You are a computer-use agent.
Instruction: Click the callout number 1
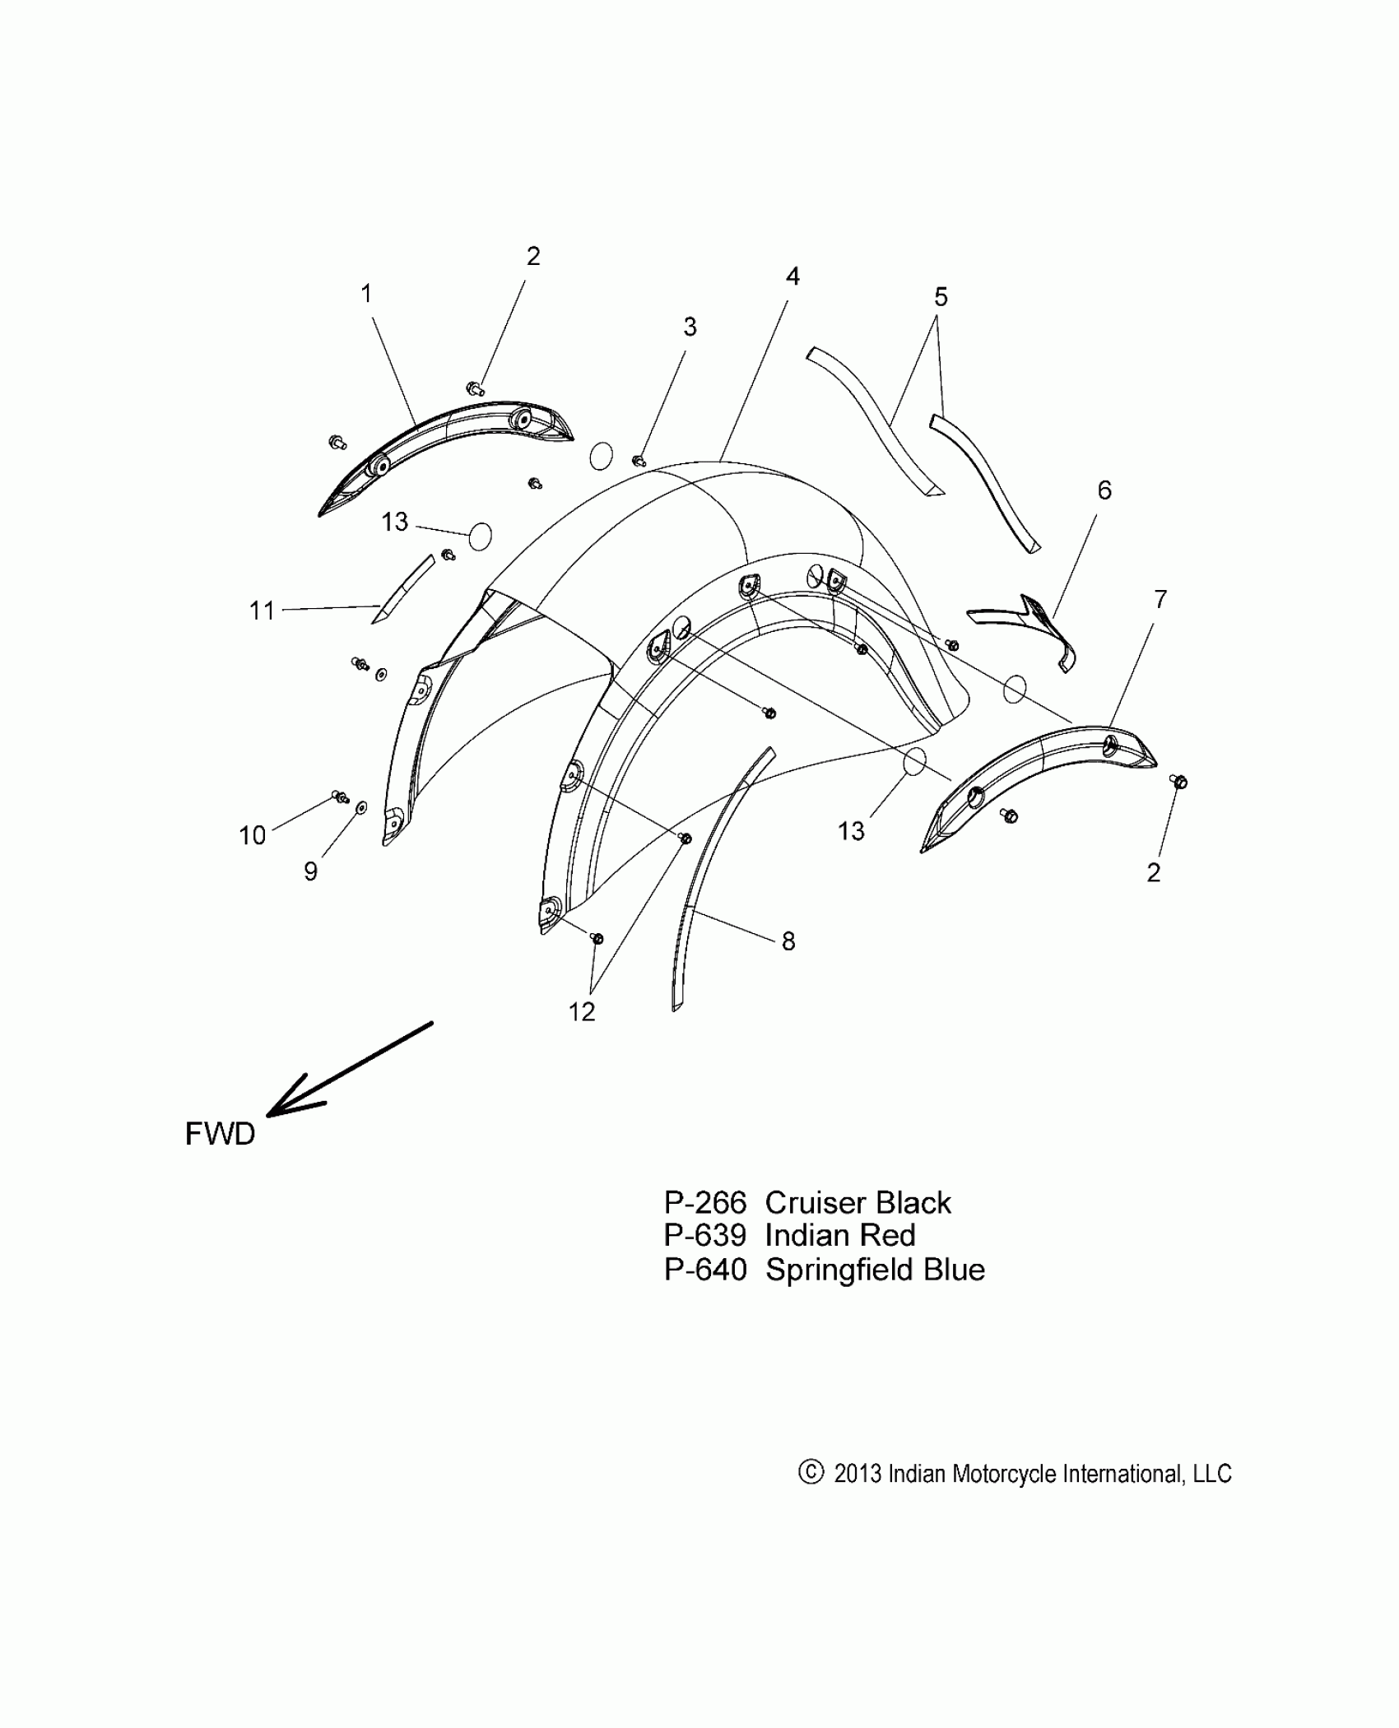pyautogui.click(x=366, y=294)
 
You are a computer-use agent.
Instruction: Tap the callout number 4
pyautogui.click(x=792, y=276)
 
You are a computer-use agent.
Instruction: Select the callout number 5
pyautogui.click(x=941, y=297)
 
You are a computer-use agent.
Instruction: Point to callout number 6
pyautogui.click(x=1104, y=490)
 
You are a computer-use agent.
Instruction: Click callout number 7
pyautogui.click(x=1160, y=600)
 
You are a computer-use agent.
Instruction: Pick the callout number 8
pyautogui.click(x=788, y=941)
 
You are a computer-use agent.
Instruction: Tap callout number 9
pyautogui.click(x=310, y=871)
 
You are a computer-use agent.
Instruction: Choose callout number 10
pyautogui.click(x=253, y=835)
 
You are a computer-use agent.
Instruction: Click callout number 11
pyautogui.click(x=262, y=611)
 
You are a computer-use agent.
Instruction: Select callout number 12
pyautogui.click(x=582, y=1012)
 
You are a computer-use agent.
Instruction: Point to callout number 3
pyautogui.click(x=690, y=327)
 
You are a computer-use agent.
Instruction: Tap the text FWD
pyautogui.click(x=220, y=1135)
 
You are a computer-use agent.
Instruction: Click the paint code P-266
pyautogui.click(x=704, y=1204)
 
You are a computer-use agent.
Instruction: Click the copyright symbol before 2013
pyautogui.click(x=810, y=1472)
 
